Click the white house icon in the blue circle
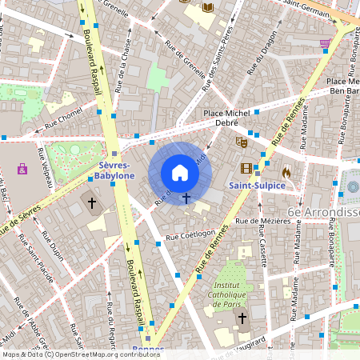coord(180,172)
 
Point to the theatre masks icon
coord(239,142)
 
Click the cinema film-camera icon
coord(246,168)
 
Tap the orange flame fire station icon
coord(286,171)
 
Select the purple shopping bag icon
coord(22,169)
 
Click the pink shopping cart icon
coord(325,44)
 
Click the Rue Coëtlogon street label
coord(190,235)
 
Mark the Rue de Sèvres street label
coord(20,222)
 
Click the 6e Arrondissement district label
coord(323,212)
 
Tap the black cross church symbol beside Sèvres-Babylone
coord(91,203)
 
